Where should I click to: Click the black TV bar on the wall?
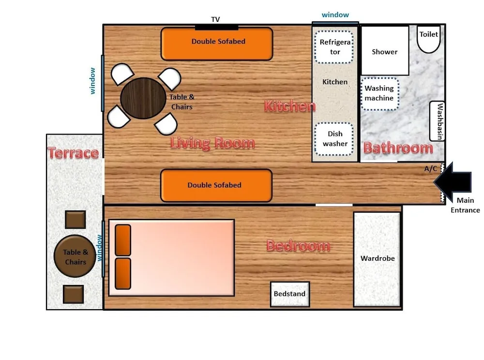point(216,27)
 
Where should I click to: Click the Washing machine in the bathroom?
point(379,93)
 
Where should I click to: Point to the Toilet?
point(429,39)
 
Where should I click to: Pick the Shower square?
point(385,51)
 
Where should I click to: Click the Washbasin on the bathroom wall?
point(438,121)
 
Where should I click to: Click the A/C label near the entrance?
point(431,169)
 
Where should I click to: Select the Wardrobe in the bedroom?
point(378,259)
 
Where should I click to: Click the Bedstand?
point(290,294)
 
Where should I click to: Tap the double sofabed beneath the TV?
point(217,44)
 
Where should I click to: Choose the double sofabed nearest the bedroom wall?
point(215,185)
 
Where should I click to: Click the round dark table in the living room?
point(143,98)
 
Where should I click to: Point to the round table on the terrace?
point(75,256)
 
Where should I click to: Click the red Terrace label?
point(73,153)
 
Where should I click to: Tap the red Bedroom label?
point(298,246)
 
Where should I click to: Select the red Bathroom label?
point(398,148)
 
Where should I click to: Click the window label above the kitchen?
point(335,15)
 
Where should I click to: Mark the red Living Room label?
point(212,143)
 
